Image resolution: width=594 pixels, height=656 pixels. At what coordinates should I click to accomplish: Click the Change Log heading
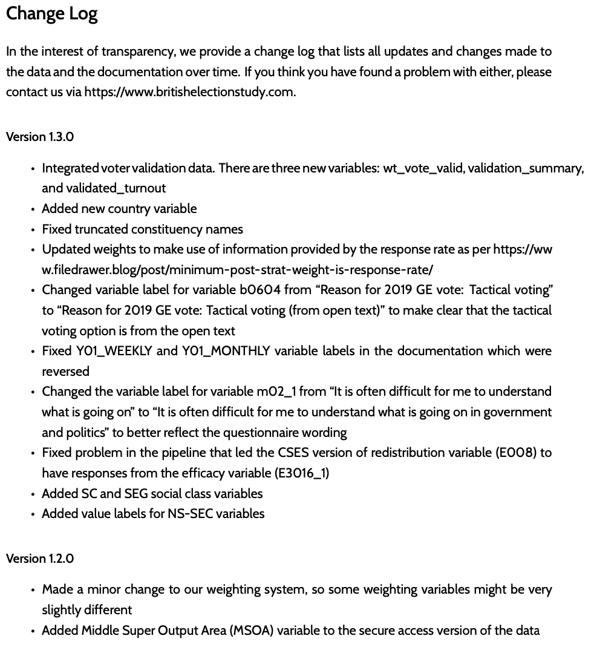pyautogui.click(x=51, y=15)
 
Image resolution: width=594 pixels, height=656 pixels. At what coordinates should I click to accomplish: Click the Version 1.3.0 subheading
pyautogui.click(x=40, y=137)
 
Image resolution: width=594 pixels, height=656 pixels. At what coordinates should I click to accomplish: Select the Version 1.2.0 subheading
pyautogui.click(x=40, y=559)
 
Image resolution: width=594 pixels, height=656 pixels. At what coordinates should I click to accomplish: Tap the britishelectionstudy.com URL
pyautogui.click(x=189, y=93)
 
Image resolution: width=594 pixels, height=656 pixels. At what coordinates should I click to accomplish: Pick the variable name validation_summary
pyautogui.click(x=524, y=168)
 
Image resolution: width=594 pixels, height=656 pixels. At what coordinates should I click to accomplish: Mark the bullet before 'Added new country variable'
pyautogui.click(x=33, y=209)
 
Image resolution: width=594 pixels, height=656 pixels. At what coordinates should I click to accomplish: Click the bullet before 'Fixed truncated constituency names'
pyautogui.click(x=33, y=230)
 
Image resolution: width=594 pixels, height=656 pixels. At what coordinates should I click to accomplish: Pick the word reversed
pyautogui.click(x=65, y=372)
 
